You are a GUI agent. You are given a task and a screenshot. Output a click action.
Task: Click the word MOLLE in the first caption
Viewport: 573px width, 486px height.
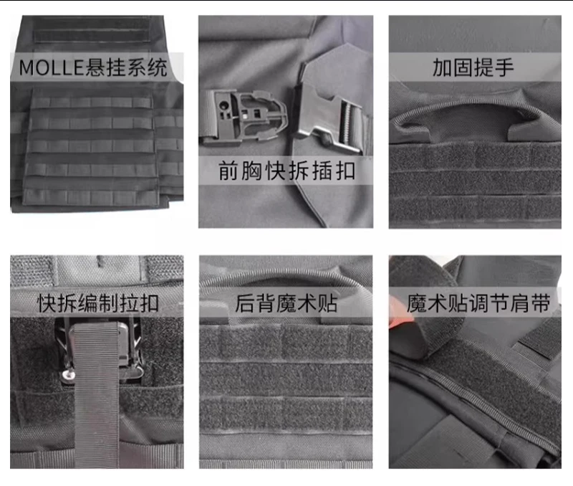click(52, 67)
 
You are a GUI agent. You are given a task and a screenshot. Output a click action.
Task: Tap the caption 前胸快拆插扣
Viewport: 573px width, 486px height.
click(286, 171)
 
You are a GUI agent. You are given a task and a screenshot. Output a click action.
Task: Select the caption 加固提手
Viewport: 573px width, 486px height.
click(473, 67)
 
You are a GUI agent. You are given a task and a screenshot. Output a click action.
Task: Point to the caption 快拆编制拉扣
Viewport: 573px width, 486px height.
click(98, 303)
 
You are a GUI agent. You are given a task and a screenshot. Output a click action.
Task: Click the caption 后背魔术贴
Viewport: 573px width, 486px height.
click(286, 303)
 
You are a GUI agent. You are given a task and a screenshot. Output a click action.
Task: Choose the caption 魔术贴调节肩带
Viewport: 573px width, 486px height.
click(478, 303)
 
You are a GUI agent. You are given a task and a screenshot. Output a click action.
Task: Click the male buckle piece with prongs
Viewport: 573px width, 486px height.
click(244, 117)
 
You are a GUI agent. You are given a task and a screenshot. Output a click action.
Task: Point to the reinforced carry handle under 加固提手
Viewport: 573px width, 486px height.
click(475, 118)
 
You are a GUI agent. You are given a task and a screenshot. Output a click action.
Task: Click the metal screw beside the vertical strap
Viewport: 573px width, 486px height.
click(68, 375)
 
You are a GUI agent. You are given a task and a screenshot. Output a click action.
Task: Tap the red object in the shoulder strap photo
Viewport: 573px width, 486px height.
click(402, 318)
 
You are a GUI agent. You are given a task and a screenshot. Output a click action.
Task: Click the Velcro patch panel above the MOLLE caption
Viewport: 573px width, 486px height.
click(92, 29)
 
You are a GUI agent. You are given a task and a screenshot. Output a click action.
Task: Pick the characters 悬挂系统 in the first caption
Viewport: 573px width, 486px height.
click(127, 67)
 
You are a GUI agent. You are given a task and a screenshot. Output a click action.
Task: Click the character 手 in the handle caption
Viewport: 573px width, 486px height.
click(504, 67)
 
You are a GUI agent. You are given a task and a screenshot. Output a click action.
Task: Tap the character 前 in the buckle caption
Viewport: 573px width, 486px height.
click(228, 171)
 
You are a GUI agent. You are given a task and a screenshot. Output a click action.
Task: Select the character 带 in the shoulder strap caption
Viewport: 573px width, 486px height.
click(541, 303)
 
